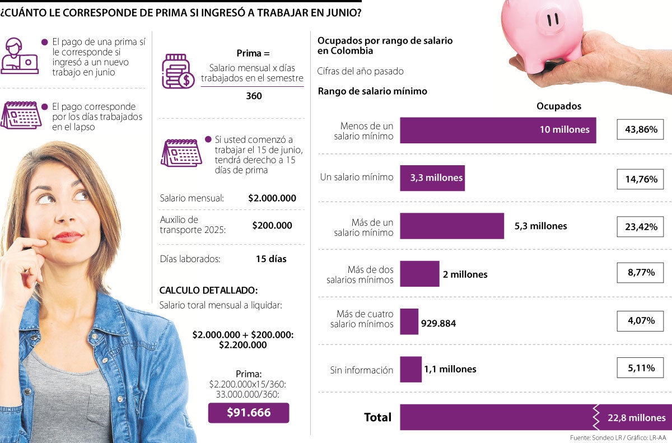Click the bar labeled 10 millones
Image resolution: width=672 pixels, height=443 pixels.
coord(497,130)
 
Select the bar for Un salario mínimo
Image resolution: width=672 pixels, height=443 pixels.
coord(432,178)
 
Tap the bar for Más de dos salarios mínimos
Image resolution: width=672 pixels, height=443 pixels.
coord(419,274)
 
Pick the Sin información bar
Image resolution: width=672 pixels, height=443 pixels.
coord(410,369)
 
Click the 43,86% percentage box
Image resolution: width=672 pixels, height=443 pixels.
coord(640,130)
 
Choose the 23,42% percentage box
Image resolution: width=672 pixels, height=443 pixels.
coord(640,226)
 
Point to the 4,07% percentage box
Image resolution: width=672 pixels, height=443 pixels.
coord(640,321)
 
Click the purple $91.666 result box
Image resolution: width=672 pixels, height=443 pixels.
coord(249,413)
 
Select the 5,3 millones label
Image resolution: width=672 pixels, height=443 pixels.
coord(540,226)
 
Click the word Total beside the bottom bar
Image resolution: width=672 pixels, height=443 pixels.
coord(377,417)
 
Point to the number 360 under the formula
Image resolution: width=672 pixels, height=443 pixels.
coord(254,96)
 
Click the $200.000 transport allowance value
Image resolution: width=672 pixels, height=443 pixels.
coord(272,225)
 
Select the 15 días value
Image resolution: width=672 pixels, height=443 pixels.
coord(271,259)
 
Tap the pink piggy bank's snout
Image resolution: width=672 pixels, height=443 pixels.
coord(552,21)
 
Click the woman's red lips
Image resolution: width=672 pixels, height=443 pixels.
coord(68,236)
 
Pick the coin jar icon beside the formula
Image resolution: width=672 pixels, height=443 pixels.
coord(178,71)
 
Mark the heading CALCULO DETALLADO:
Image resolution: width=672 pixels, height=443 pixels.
coord(208,290)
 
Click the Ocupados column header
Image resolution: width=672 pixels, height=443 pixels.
coord(558,106)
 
